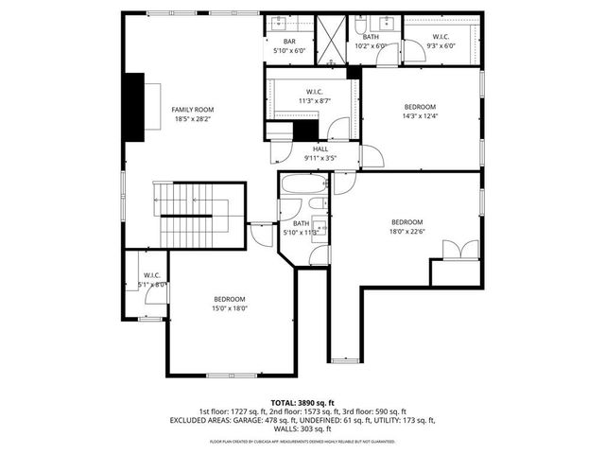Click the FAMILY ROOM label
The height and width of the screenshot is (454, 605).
click(x=192, y=110)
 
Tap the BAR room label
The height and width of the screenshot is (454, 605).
click(x=290, y=41)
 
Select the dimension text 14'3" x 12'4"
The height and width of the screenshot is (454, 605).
click(x=420, y=116)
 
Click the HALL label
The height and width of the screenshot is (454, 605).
click(x=320, y=148)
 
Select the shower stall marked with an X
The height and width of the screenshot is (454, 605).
click(x=332, y=41)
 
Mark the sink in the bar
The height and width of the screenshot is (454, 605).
click(x=282, y=25)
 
